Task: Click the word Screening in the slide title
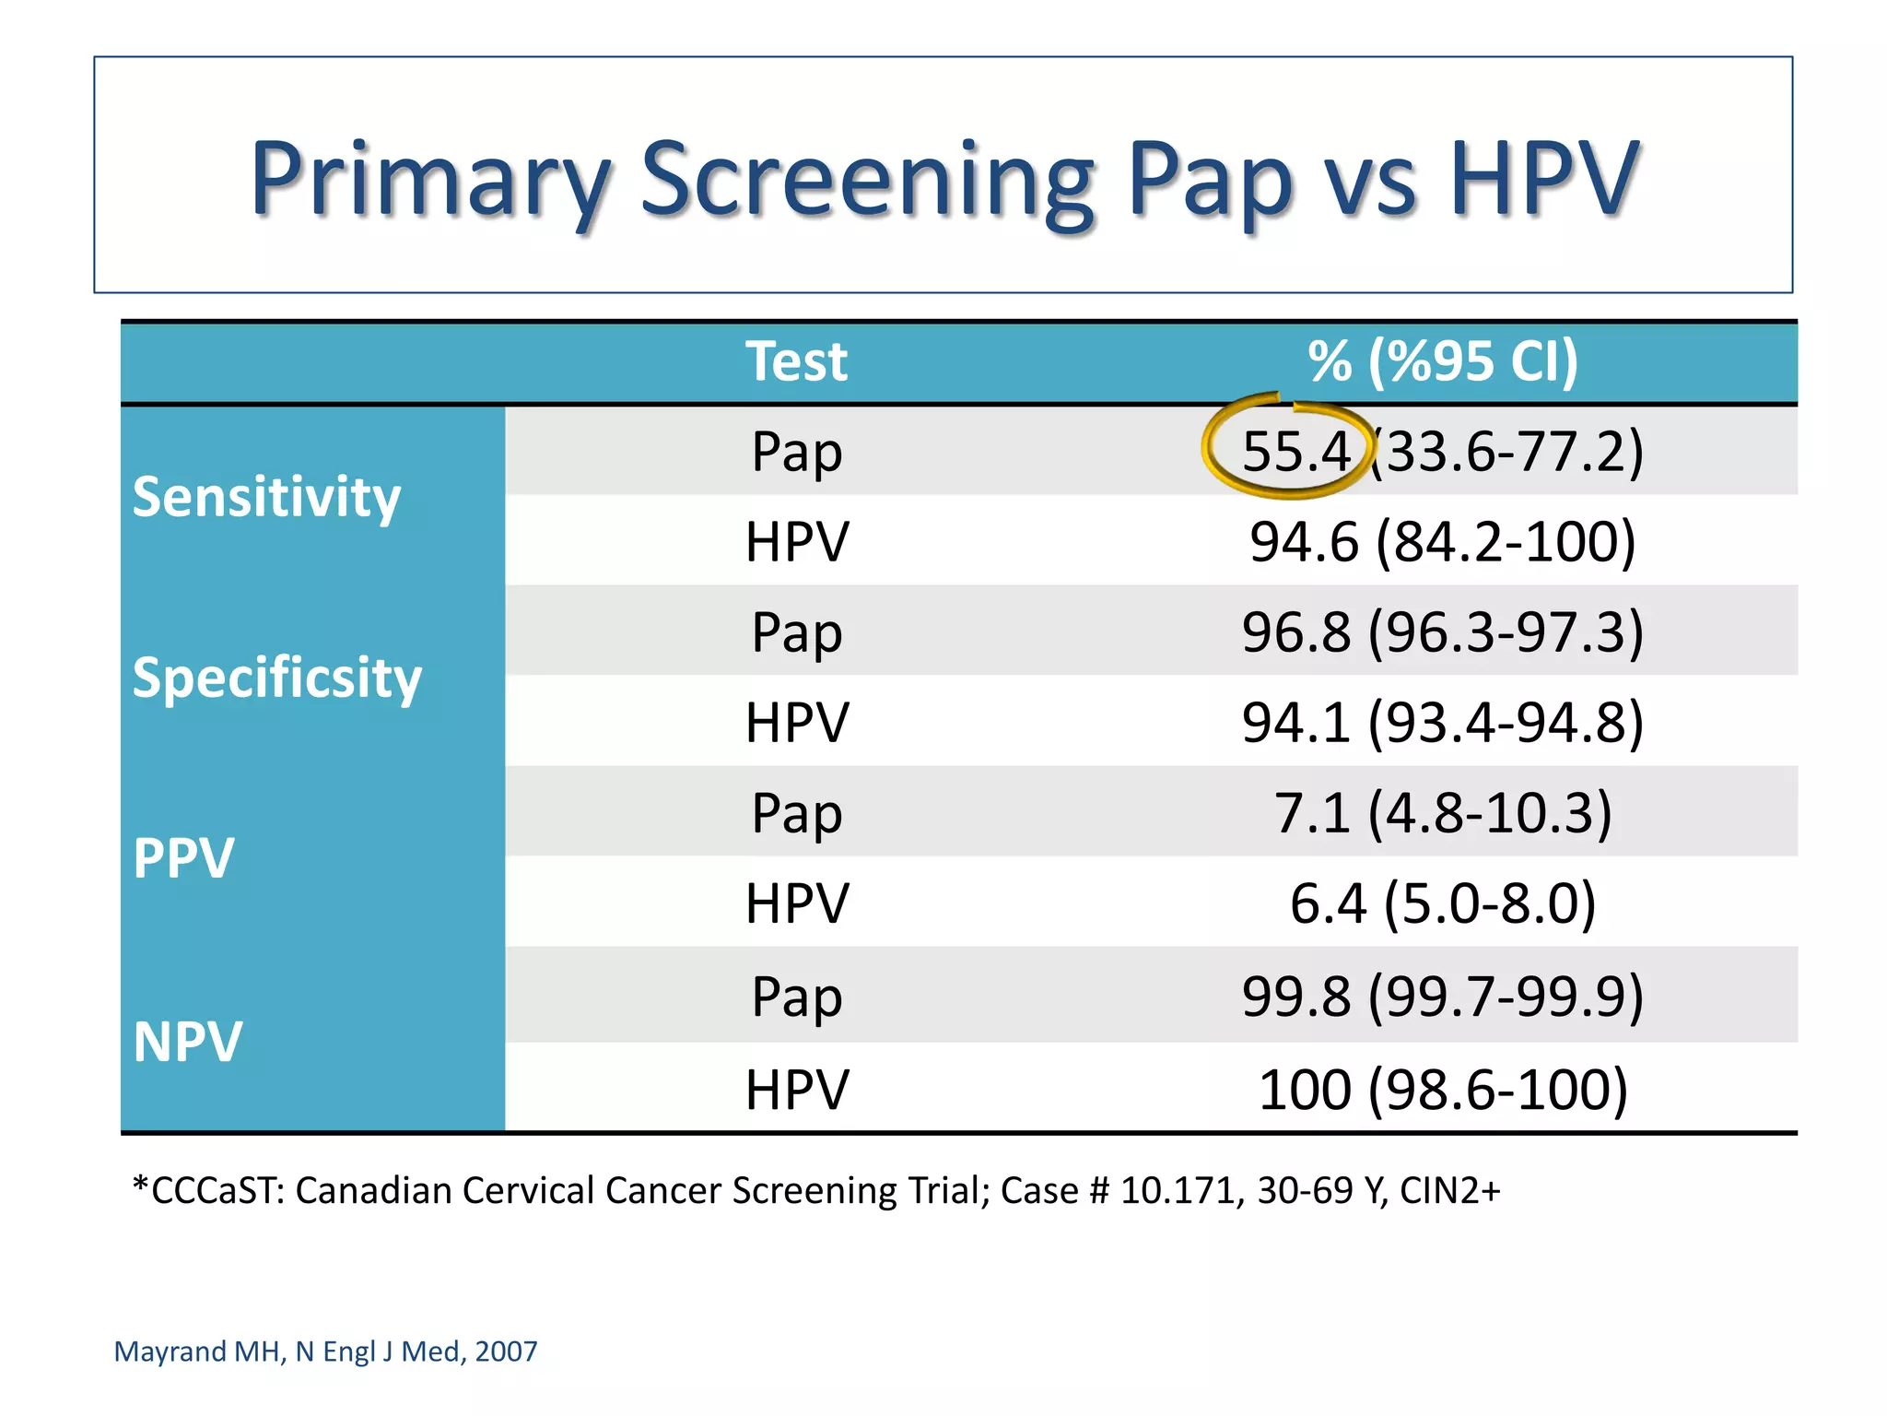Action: (866, 180)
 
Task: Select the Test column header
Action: (796, 361)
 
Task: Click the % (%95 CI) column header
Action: (1442, 361)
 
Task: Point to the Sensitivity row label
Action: (266, 497)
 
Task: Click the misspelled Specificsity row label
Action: (276, 678)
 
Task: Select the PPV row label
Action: (183, 858)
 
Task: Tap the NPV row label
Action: (188, 1042)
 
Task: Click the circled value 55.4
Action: (1295, 452)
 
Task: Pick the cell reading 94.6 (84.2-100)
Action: (1442, 541)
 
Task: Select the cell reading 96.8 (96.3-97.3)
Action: (1442, 632)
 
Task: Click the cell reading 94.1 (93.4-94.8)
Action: (1442, 722)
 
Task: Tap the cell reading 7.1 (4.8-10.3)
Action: (1442, 813)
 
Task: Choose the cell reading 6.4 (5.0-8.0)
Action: (1442, 903)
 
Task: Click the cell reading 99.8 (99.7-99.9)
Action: (1442, 997)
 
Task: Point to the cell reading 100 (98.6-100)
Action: (1442, 1090)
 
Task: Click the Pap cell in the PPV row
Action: (796, 813)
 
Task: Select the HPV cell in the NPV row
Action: (796, 1090)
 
